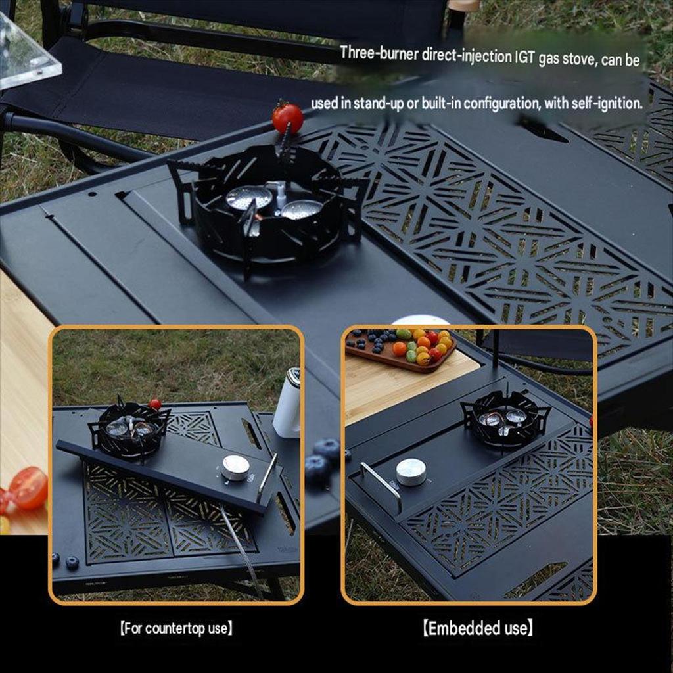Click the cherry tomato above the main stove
287,118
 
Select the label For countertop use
176,629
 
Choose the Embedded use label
478,628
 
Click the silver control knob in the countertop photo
235,468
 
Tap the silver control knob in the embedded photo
411,472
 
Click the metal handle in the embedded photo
381,486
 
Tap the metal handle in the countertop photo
267,478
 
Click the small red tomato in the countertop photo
155,404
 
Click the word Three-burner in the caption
379,54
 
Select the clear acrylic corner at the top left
26,54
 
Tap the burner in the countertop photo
129,429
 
